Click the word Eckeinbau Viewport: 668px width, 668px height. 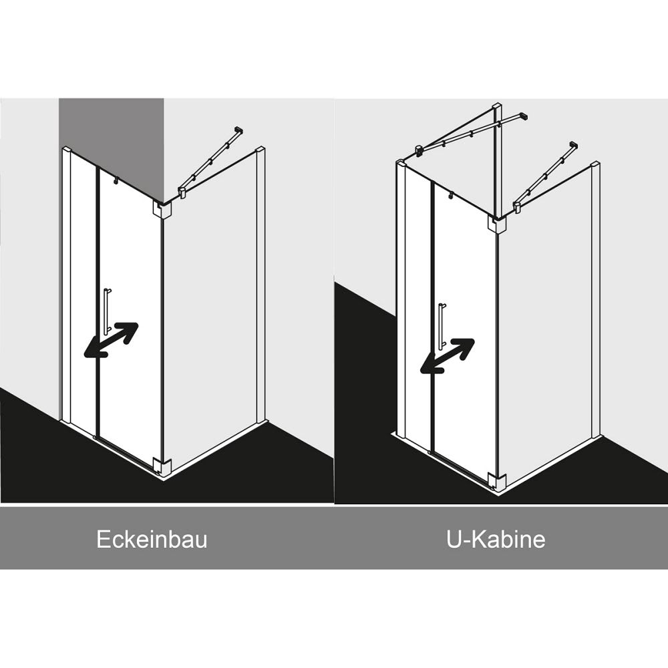tap(152, 539)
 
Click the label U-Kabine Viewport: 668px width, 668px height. tap(496, 539)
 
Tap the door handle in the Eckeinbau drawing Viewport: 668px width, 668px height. tap(106, 311)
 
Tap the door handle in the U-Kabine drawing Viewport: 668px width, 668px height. tap(442, 327)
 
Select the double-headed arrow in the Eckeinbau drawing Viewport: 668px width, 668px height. tap(111, 339)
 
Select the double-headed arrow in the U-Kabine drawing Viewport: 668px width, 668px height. tap(447, 356)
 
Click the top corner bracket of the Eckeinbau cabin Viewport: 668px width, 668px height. tap(161, 209)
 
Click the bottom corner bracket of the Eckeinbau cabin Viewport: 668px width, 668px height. tap(161, 466)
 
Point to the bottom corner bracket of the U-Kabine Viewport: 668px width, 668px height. tap(497, 482)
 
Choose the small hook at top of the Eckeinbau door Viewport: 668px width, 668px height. tap(115, 181)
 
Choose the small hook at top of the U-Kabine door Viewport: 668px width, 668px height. tap(450, 196)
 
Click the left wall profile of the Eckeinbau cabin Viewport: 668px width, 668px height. tap(66, 285)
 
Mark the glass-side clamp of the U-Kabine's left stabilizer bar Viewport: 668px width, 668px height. tap(420, 150)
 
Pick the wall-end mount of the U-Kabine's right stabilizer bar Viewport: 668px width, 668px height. tap(574, 145)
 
